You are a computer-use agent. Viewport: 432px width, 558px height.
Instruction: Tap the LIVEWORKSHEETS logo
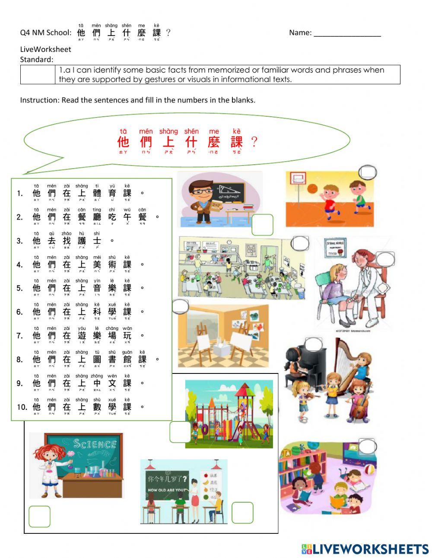click(365, 549)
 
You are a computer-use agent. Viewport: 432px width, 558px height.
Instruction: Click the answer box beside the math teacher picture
click(262, 225)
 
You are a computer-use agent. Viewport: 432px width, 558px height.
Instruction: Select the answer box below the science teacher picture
click(39, 516)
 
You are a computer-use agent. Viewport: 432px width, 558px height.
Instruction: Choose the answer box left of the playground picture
click(180, 432)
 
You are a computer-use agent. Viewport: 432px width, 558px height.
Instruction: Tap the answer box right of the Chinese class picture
click(242, 513)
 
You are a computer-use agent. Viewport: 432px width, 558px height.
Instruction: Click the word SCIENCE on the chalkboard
click(95, 443)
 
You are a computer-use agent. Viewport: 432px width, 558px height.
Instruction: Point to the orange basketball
click(312, 189)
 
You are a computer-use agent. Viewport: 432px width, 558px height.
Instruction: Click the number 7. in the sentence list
click(19, 335)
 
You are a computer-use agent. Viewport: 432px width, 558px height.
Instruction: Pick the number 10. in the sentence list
click(22, 407)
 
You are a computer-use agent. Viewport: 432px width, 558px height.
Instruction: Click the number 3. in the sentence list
click(19, 241)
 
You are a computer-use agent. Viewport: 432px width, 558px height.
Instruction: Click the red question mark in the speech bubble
click(254, 141)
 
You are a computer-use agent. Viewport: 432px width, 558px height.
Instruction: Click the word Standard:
click(37, 60)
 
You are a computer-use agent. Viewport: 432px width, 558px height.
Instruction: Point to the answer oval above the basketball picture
click(368, 172)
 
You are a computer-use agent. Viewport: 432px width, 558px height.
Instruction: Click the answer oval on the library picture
click(368, 446)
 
